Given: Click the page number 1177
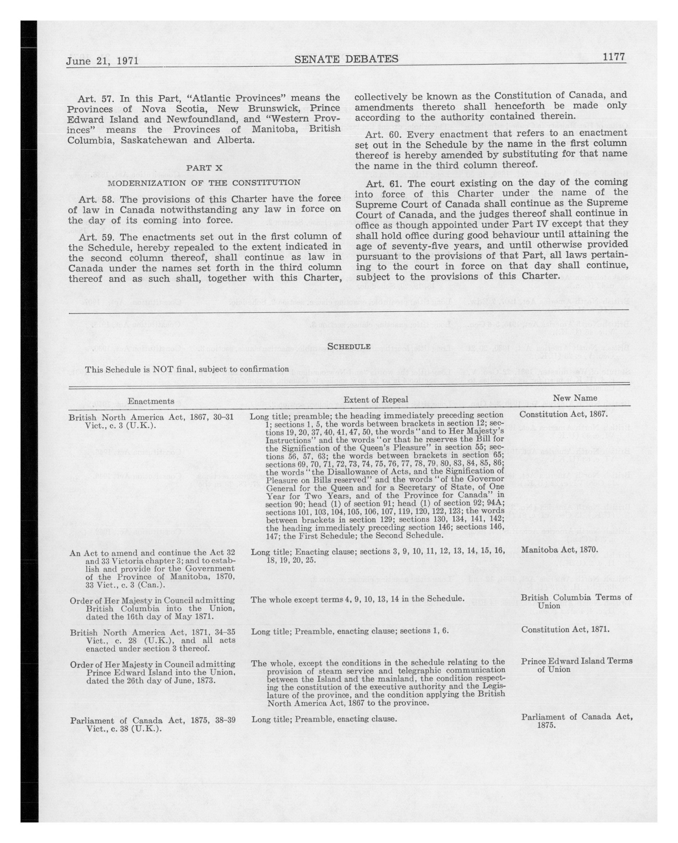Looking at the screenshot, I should [614, 57].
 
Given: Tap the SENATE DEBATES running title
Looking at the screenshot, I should [346, 59].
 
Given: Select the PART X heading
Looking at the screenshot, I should [204, 168].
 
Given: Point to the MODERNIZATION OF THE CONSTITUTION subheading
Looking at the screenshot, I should [204, 183].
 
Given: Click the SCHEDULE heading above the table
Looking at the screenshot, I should [348, 346].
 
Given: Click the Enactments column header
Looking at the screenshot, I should [151, 401].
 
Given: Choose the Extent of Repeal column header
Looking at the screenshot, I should [376, 399].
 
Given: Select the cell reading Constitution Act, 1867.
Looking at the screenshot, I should [563, 414].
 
